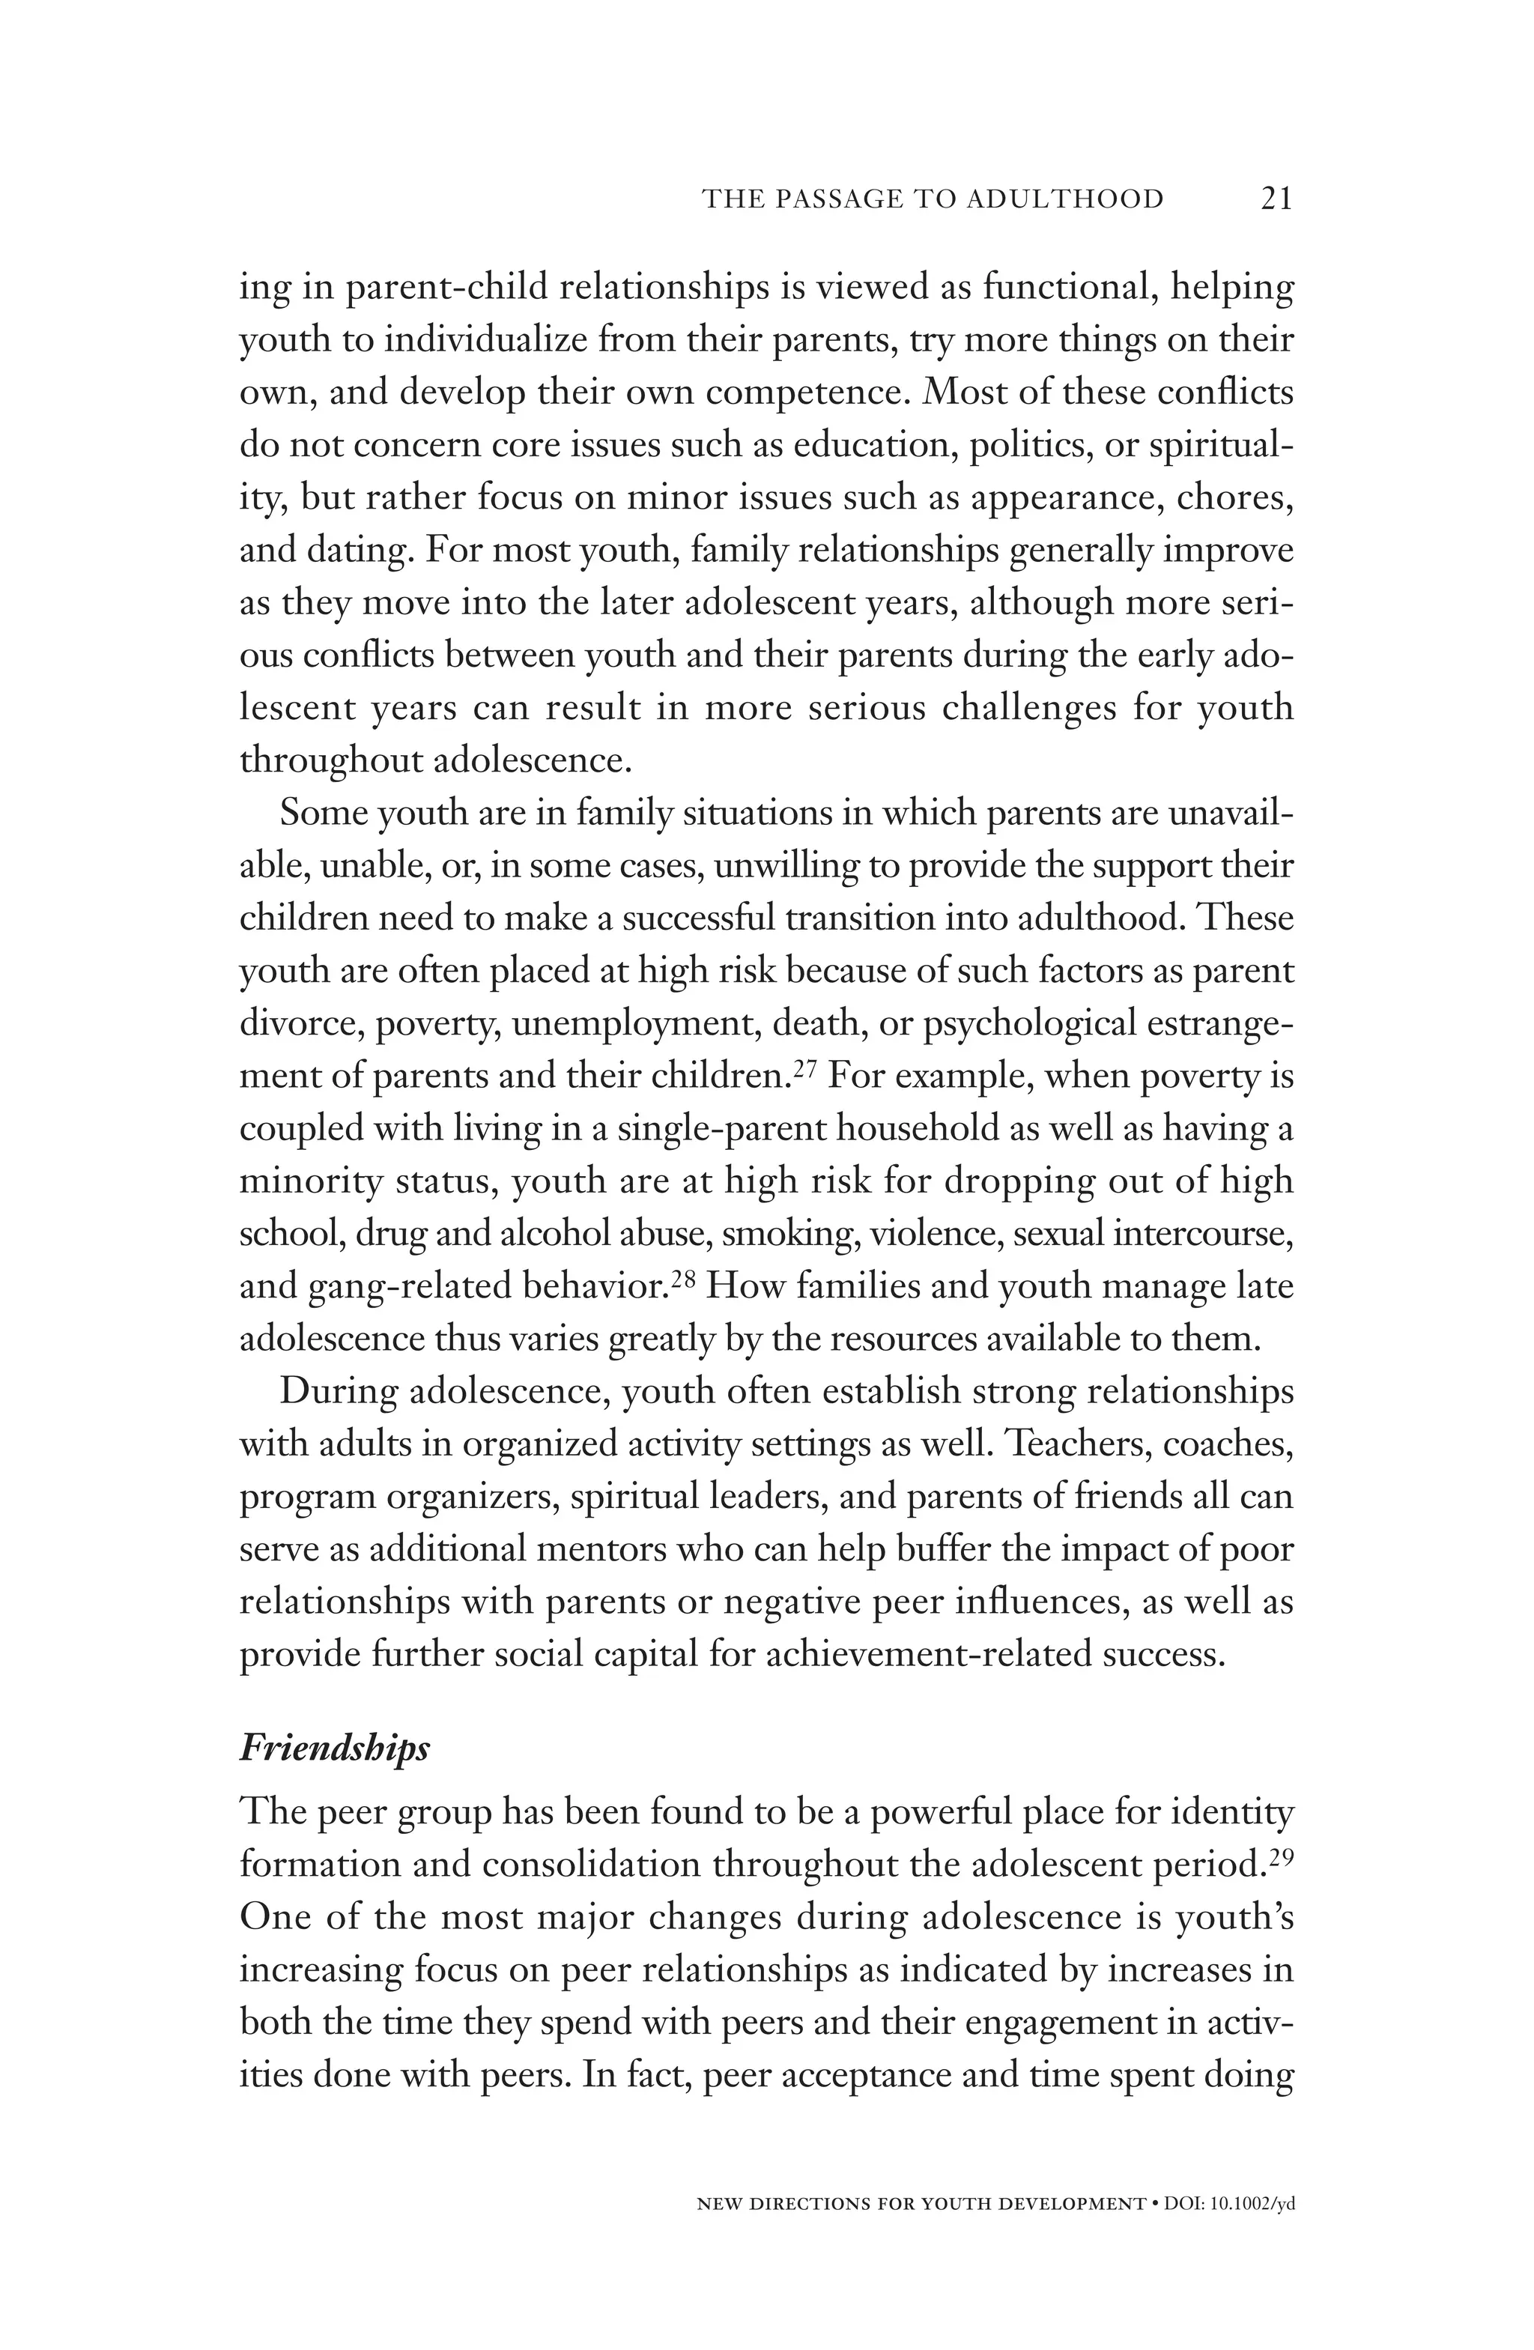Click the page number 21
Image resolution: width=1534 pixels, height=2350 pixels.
pyautogui.click(x=1276, y=199)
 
